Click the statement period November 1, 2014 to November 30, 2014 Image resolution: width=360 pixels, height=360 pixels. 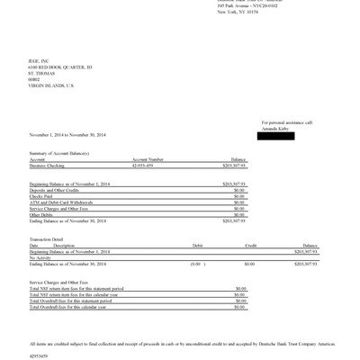(x=67, y=135)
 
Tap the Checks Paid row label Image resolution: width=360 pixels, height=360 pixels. (x=40, y=195)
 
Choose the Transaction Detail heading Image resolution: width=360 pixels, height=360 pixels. (x=47, y=238)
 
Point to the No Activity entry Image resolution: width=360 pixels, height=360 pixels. (x=40, y=256)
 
